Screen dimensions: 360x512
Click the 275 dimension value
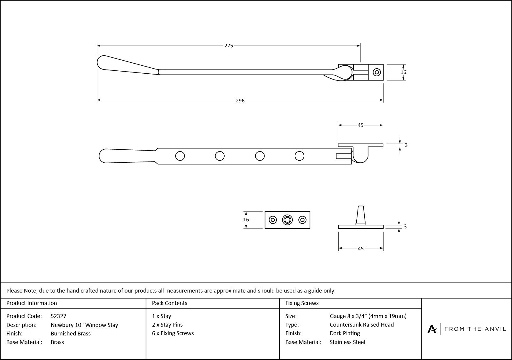[x=229, y=46]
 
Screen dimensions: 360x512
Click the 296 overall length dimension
[x=240, y=101]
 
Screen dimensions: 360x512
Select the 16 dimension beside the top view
[x=403, y=72]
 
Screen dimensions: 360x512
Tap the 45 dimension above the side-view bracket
[x=360, y=125]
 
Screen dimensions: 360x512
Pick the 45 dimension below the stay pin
[x=360, y=248]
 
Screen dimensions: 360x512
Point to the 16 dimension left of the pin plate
[x=246, y=219]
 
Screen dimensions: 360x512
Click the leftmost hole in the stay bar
[x=180, y=156]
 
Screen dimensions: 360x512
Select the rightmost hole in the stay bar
[x=300, y=156]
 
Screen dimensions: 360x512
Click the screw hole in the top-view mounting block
[x=376, y=72]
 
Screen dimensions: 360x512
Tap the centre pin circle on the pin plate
[x=287, y=220]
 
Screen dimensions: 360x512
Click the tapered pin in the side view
[x=360, y=215]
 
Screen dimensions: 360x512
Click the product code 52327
[x=59, y=316]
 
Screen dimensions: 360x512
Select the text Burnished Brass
[x=70, y=333]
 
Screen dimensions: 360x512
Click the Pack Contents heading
[x=170, y=303]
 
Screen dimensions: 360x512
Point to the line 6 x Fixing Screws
[x=173, y=333]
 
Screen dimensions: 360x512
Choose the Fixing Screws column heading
[x=302, y=303]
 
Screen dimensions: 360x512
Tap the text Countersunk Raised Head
[x=362, y=325]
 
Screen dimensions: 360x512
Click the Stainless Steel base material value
[x=347, y=342]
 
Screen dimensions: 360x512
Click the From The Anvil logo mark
[x=432, y=329]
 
